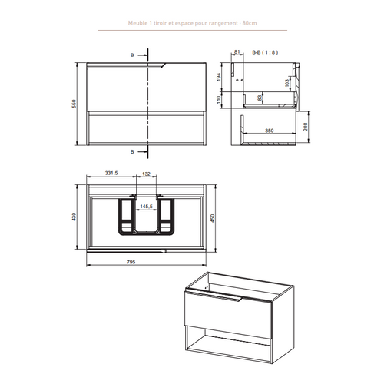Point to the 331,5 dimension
click(x=112, y=174)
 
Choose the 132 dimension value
click(x=146, y=174)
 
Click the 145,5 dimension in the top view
click(x=146, y=205)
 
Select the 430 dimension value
click(x=75, y=217)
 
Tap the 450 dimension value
click(x=223, y=217)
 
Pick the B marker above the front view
click(x=131, y=56)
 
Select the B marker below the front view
click(x=131, y=152)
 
